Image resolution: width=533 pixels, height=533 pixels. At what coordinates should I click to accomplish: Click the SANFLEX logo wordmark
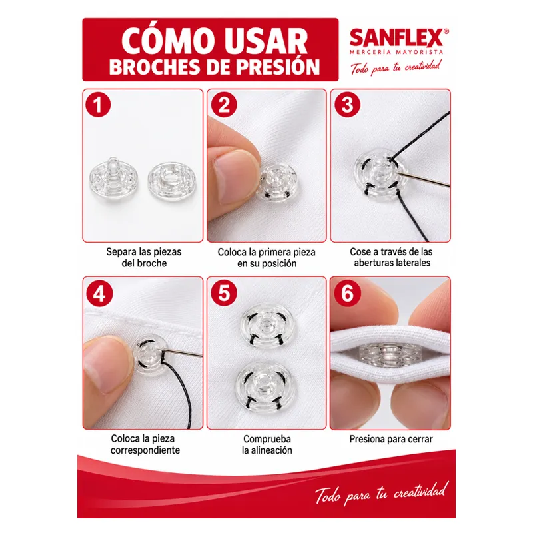click(396, 38)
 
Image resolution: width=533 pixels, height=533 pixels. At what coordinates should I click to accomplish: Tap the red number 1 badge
click(98, 105)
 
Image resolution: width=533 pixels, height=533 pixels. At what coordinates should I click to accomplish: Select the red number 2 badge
click(224, 105)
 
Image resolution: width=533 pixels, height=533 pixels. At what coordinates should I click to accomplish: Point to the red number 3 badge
click(347, 105)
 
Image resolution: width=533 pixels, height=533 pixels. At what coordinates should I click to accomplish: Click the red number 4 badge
click(99, 294)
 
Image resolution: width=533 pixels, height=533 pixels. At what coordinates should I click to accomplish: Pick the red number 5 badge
click(224, 293)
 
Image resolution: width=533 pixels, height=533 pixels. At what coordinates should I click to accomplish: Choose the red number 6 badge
click(347, 293)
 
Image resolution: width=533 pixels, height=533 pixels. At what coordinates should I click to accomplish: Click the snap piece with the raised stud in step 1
click(113, 179)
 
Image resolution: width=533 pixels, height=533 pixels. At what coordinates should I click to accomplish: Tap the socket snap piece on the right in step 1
click(172, 181)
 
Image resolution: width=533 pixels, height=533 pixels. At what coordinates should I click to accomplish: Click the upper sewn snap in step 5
click(267, 327)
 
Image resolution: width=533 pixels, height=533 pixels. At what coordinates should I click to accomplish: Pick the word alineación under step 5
click(272, 450)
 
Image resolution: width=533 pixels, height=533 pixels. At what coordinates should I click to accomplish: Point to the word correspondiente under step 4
click(145, 450)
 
